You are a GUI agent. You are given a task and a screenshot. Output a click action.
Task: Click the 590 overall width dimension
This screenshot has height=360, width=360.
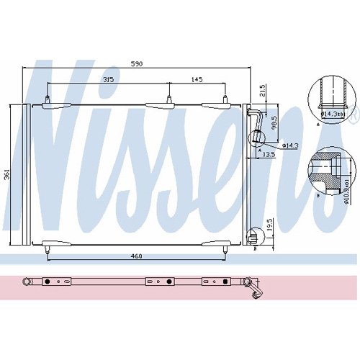pyautogui.click(x=137, y=64)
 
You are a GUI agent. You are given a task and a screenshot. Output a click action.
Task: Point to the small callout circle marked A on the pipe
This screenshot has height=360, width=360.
pyautogui.click(x=258, y=141)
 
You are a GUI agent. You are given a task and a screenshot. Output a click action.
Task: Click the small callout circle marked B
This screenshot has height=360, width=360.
pyautogui.click(x=253, y=235)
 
